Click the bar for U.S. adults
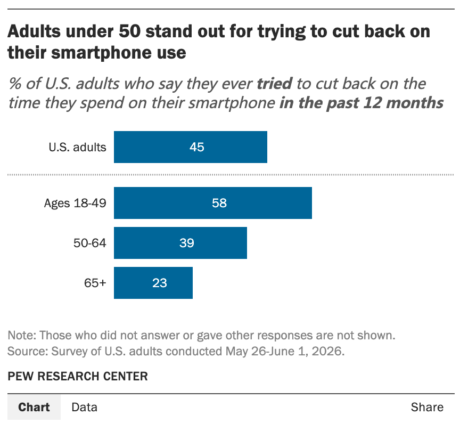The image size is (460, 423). coord(191,147)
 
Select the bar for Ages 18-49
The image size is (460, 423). coord(213,203)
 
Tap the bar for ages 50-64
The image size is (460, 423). coord(180,243)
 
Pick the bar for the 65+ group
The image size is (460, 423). coord(153,283)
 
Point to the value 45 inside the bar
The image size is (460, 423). coord(196,147)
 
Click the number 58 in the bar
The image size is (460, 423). coord(219,203)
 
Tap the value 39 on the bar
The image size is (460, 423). coord(186,243)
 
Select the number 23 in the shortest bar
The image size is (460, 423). coord(160,283)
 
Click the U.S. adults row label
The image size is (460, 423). coord(77,147)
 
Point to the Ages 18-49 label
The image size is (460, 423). coord(75,203)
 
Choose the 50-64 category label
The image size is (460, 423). coord(90,243)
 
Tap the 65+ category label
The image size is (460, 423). coord(95,283)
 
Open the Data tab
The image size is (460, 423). coord(85,407)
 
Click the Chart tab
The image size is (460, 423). coord(34,407)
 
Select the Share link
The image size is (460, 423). coord(427,407)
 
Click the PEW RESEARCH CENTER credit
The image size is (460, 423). coord(78,376)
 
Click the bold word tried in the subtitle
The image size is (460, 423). coord(275,83)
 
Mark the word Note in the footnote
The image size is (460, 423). coord(22,335)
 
